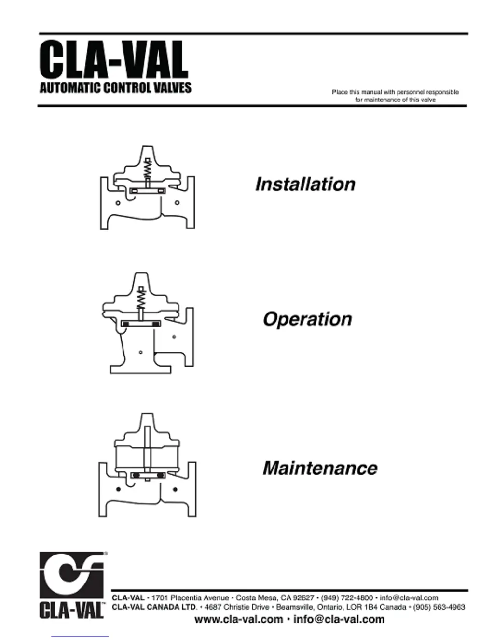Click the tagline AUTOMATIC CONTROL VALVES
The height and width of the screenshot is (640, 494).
point(115,88)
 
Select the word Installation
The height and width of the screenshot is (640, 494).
point(305,184)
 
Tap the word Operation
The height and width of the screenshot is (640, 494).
point(307,319)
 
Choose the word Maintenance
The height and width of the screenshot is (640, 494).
point(320,468)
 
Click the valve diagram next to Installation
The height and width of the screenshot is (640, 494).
point(148,188)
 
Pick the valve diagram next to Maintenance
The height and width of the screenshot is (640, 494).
point(148,466)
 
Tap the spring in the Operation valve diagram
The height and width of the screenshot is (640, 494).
point(141,299)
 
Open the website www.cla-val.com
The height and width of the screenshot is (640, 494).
point(238,619)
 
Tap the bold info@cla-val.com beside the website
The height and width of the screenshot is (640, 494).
point(339,619)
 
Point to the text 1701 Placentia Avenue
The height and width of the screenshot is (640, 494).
point(190,597)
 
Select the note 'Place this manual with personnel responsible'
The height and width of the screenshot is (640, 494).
point(395,92)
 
